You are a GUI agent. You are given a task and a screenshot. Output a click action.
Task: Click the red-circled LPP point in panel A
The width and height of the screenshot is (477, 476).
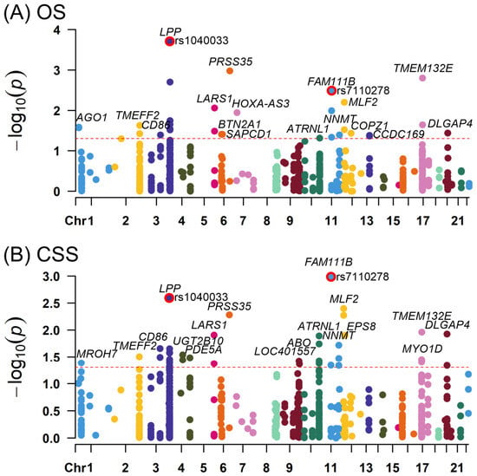tap(169, 42)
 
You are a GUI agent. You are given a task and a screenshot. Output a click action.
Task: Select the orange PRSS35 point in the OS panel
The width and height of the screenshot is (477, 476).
tap(230, 71)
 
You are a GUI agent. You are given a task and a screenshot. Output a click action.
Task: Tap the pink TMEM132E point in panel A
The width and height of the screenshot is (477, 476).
tap(422, 78)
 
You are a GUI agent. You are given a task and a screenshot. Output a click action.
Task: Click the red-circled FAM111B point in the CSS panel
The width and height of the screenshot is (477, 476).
tap(330, 277)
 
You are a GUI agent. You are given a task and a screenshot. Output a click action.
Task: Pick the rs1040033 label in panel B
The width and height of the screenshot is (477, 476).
tap(201, 297)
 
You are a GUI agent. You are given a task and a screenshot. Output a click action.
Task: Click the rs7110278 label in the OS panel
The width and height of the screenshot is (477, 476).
tap(363, 90)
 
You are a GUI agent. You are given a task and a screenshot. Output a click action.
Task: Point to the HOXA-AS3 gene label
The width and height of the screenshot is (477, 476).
tap(261, 104)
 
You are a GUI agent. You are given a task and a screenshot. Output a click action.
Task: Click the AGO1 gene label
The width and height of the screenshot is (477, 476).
tap(92, 117)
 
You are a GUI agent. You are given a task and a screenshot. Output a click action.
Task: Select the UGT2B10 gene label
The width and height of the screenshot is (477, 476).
tap(199, 341)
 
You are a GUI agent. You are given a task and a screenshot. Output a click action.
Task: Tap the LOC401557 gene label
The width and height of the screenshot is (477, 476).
tap(284, 351)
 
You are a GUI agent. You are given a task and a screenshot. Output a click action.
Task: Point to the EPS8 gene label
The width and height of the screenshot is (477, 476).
tap(362, 326)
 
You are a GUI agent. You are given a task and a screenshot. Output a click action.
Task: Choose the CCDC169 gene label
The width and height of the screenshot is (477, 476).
tap(399, 134)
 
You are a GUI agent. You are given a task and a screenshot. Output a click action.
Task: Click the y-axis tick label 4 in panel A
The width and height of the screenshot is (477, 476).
tap(57, 30)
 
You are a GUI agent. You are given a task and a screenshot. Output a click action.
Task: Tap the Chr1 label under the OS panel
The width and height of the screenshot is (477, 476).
tap(80, 221)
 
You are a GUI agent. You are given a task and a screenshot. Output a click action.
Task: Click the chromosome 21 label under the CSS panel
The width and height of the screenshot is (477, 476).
tap(457, 467)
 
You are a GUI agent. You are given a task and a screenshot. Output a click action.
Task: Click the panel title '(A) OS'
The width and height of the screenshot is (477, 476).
tap(35, 13)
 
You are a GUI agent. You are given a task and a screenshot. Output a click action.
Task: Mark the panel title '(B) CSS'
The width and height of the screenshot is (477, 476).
tap(41, 254)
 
